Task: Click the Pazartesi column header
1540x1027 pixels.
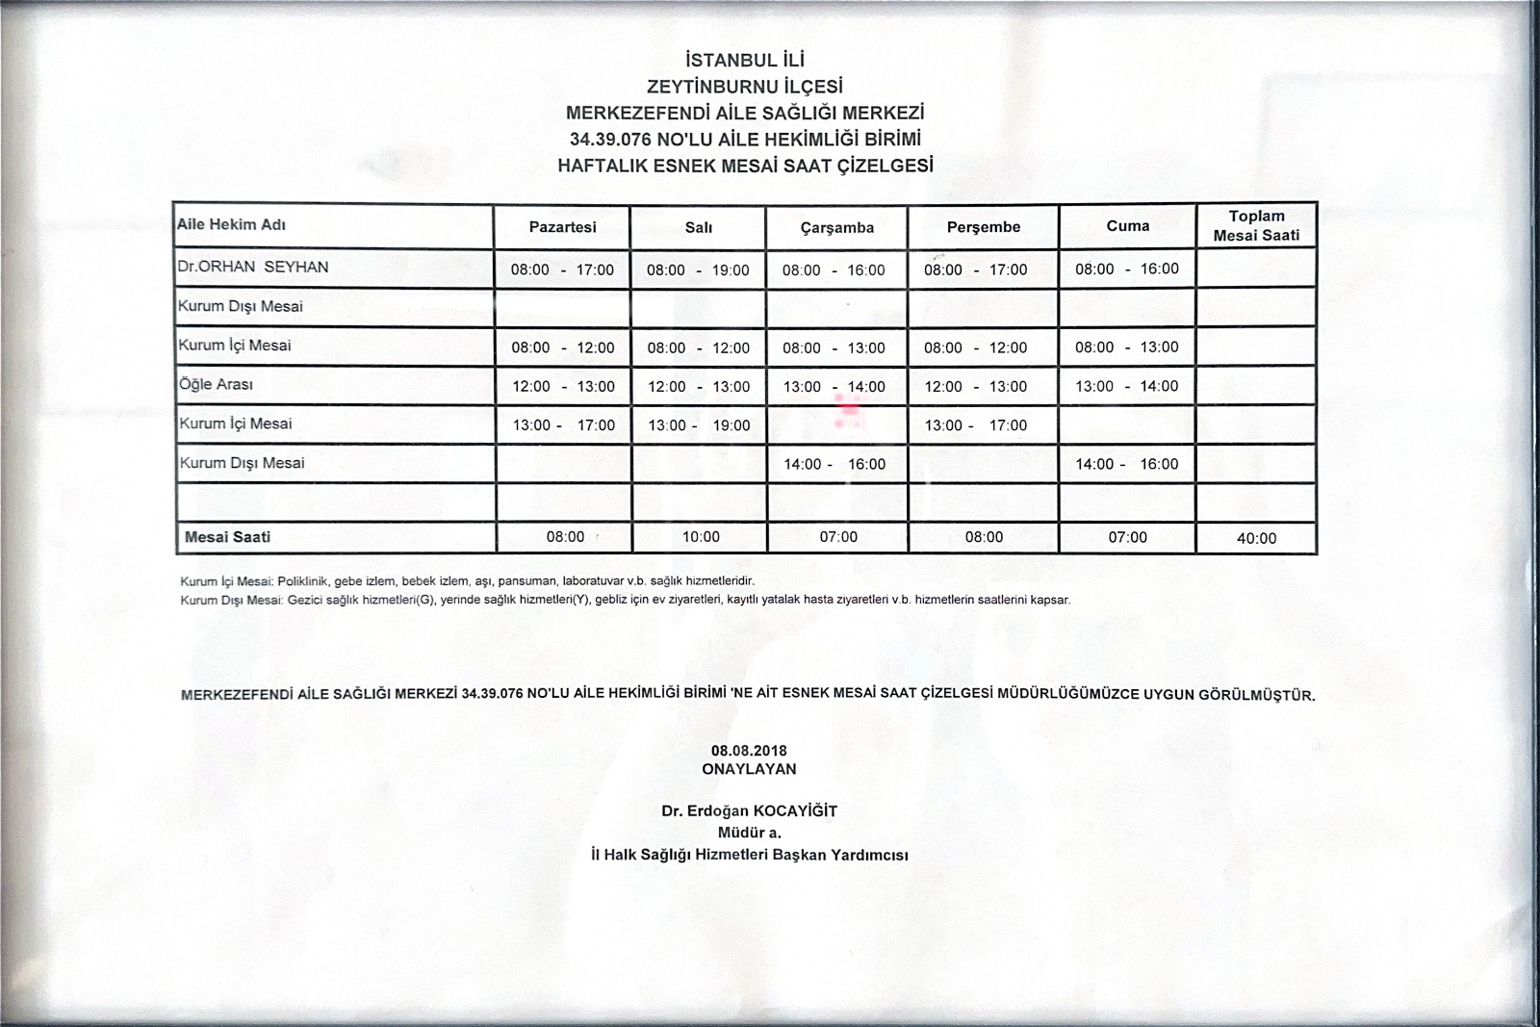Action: point(562,227)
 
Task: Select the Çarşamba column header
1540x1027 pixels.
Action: point(836,228)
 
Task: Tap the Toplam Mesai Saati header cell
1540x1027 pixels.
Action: point(1256,226)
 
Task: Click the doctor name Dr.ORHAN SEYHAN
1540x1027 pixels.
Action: point(253,267)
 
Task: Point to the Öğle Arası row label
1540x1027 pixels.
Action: point(217,384)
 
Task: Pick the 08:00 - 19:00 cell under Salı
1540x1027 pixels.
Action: point(698,270)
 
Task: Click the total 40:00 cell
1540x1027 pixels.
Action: point(1256,538)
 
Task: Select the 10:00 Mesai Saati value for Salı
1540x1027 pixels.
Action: point(701,537)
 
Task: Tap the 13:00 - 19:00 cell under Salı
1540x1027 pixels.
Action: point(698,425)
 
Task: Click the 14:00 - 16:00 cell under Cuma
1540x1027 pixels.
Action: point(1126,464)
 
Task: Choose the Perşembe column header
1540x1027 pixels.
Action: point(983,227)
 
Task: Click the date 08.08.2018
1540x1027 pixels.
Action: point(749,751)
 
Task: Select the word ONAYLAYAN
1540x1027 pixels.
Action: point(749,769)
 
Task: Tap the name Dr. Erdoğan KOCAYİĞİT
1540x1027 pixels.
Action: point(749,810)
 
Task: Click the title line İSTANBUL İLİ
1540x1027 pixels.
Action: point(746,61)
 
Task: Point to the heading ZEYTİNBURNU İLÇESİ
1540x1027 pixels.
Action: point(746,87)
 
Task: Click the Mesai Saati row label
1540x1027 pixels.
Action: point(227,537)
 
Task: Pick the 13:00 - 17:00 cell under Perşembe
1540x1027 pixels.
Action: point(975,425)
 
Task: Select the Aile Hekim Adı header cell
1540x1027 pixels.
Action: point(232,225)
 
